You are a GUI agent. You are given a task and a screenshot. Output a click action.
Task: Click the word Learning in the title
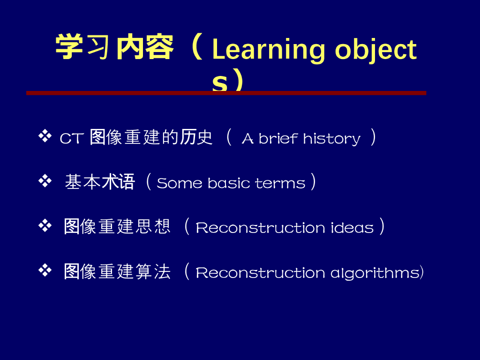(268, 50)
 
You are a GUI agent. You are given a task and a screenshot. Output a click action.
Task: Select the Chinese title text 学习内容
(114, 47)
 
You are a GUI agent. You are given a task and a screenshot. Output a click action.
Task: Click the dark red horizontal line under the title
(226, 93)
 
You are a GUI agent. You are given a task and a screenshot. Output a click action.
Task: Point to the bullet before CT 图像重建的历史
(45, 136)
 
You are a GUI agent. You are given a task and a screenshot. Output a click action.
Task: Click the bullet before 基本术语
(45, 181)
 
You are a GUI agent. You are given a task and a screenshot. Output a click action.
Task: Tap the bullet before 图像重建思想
(45, 226)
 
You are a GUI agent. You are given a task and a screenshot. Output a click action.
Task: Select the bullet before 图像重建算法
(45, 270)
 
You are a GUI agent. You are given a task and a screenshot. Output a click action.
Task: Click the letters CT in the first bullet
(72, 138)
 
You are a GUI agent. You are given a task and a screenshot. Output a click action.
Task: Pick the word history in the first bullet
(332, 139)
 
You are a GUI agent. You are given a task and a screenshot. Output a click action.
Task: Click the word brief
(278, 138)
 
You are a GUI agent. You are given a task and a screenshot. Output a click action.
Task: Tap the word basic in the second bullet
(229, 183)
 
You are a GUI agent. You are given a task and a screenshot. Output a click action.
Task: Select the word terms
(280, 183)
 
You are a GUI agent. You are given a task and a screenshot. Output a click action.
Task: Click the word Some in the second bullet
(180, 183)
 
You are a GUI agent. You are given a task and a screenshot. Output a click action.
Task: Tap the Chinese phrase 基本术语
(100, 181)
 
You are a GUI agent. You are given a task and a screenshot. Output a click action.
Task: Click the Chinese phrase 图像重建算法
(117, 271)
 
